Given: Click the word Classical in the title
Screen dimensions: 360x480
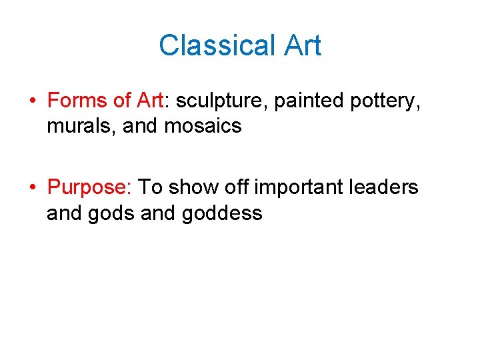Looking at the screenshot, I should coord(213,45).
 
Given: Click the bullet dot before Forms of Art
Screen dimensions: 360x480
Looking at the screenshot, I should coord(33,101).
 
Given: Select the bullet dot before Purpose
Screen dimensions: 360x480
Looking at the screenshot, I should coord(33,189).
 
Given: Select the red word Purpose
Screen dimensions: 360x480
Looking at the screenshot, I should coord(89,188).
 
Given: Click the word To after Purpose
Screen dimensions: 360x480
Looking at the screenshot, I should coord(150,188).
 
